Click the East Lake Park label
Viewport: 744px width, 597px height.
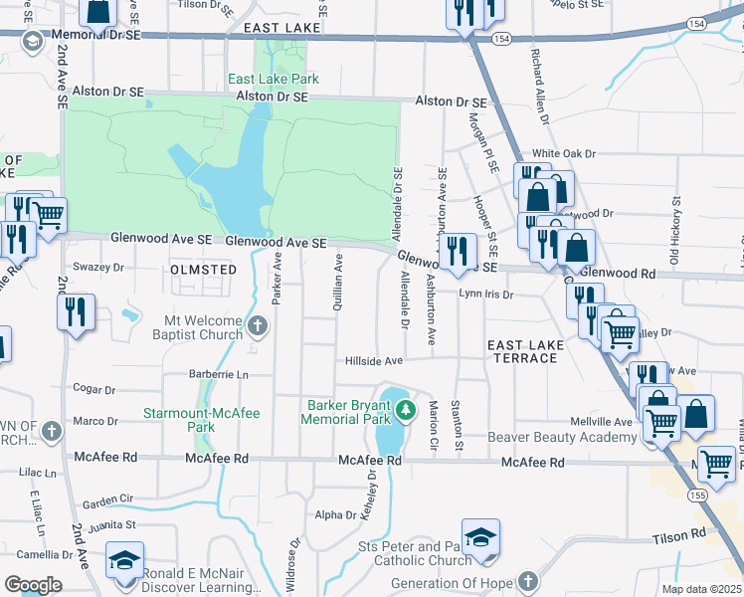tap(273, 79)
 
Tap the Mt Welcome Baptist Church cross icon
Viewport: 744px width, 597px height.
tap(257, 325)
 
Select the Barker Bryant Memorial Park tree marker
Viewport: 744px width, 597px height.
tap(404, 408)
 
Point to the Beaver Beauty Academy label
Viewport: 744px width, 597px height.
tap(560, 438)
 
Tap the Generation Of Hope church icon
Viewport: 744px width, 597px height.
tap(528, 581)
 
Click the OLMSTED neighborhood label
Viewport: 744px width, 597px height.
tap(203, 270)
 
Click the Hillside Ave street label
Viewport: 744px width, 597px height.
tap(373, 360)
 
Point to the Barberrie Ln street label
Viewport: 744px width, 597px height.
tap(218, 374)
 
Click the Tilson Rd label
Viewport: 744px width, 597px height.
tap(680, 537)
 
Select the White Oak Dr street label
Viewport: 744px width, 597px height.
tap(563, 154)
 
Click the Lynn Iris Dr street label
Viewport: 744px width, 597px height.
tap(485, 295)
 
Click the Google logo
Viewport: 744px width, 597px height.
tap(32, 585)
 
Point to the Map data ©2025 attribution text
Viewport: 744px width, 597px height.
tap(701, 589)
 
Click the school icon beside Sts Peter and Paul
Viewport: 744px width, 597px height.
tap(480, 538)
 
